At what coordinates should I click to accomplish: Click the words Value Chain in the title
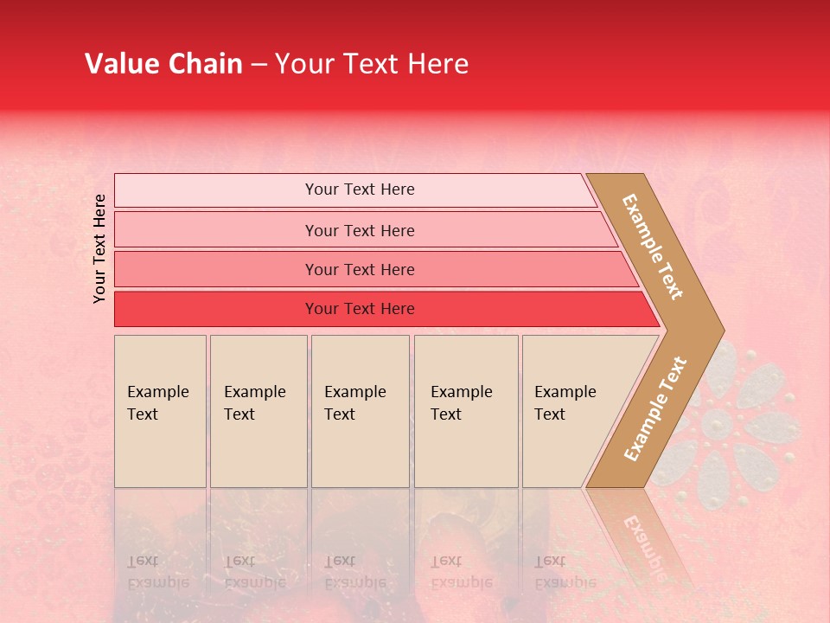pyautogui.click(x=163, y=64)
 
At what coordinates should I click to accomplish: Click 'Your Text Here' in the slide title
pyautogui.click(x=372, y=64)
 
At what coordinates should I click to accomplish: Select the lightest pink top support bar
pyautogui.click(x=216, y=190)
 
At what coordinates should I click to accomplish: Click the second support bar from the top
pyautogui.click(x=216, y=230)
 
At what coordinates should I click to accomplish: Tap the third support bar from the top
pyautogui.click(x=216, y=269)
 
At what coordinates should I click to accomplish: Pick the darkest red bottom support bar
pyautogui.click(x=216, y=309)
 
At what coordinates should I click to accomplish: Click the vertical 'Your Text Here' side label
pyautogui.click(x=99, y=248)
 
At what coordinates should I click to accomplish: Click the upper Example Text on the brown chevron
pyautogui.click(x=653, y=247)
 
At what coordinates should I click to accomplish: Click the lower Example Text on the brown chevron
pyautogui.click(x=655, y=408)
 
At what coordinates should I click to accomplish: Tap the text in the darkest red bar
pyautogui.click(x=360, y=309)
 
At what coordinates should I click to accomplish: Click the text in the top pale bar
pyautogui.click(x=360, y=189)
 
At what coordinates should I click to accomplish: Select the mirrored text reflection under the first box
pyautogui.click(x=159, y=571)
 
